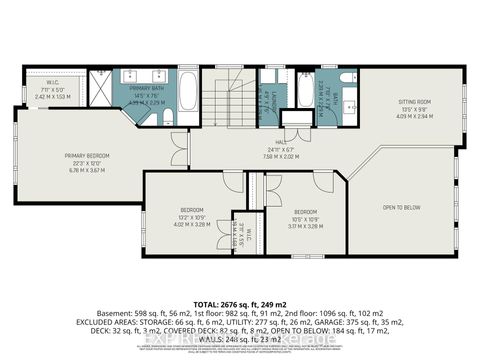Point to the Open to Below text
point(400,207)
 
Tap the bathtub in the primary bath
point(188,96)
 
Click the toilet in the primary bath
point(165,119)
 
